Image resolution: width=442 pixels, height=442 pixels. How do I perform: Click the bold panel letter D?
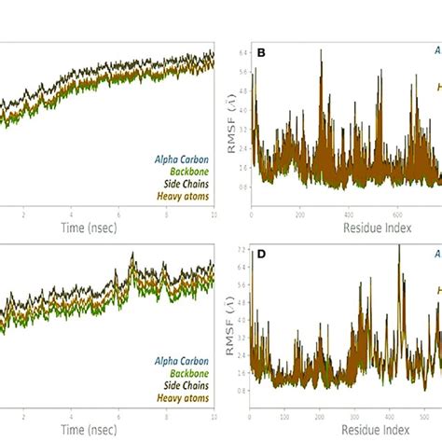click(261, 251)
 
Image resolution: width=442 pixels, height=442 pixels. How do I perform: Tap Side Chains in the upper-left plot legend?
click(187, 184)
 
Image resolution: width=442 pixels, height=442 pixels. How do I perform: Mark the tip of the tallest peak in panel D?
click(399, 245)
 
